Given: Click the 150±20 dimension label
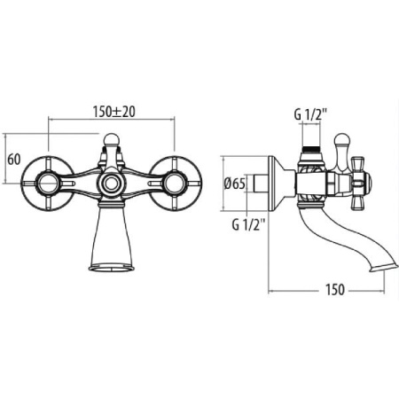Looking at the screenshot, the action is [113, 112].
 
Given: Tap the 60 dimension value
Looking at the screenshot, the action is [14, 160].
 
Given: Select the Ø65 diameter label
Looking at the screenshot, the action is [235, 184].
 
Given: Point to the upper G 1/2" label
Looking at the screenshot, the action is [310, 114].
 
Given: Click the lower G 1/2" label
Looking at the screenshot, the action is [248, 225].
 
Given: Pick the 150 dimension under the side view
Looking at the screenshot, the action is [335, 290].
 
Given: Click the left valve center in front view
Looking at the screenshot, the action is [48, 184].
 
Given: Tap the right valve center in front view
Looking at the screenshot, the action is [175, 184].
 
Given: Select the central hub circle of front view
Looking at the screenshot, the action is [111, 184].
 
